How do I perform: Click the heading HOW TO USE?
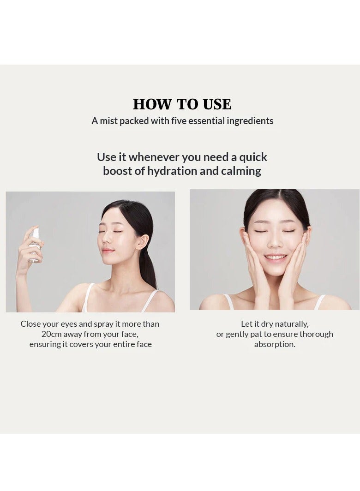182,104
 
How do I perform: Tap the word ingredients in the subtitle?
250,121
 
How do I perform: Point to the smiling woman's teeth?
276,257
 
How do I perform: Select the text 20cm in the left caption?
51,334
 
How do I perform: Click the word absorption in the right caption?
275,344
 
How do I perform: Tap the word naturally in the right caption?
291,324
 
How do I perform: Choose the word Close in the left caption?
30,324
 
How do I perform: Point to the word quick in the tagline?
253,157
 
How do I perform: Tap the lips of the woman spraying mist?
108,251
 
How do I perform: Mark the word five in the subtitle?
171,121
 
